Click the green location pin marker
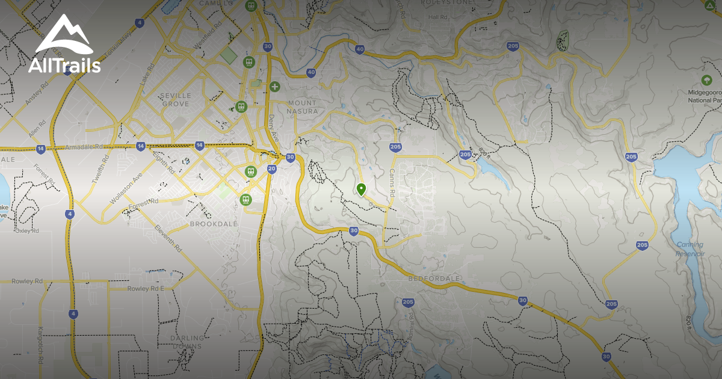point(361,189)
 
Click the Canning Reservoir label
point(690,249)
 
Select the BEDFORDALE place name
point(434,279)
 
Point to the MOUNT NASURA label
point(301,106)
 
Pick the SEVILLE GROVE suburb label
point(175,99)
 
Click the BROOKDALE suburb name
point(214,224)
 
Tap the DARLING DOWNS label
point(187,342)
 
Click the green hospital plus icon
point(275,87)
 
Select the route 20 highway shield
point(271,168)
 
